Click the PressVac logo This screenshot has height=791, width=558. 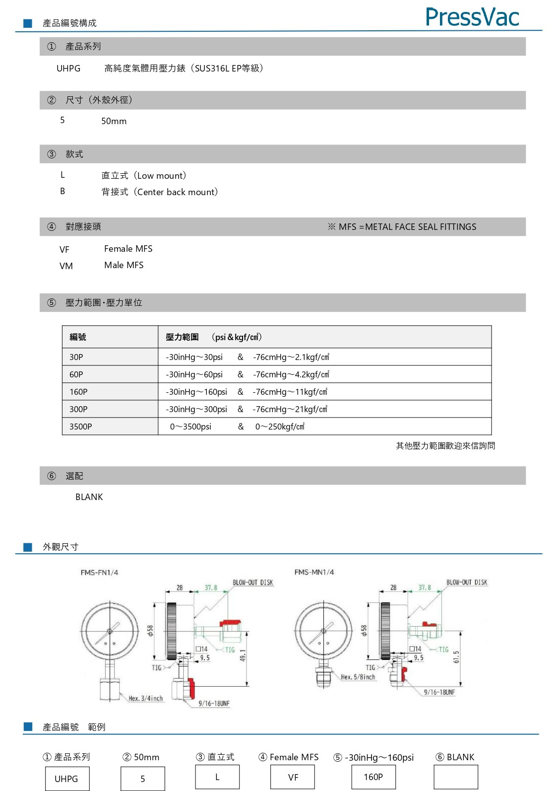click(x=472, y=17)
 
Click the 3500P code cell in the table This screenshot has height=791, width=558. click(x=81, y=427)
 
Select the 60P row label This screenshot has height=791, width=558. click(x=76, y=374)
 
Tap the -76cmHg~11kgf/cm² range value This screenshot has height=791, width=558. click(x=290, y=392)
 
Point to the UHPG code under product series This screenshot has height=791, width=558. click(x=68, y=69)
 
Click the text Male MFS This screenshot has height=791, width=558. click(x=124, y=265)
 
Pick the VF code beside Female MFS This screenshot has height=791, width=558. click(x=64, y=250)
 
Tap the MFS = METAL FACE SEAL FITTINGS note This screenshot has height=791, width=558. click(x=402, y=227)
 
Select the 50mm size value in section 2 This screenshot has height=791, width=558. click(x=114, y=121)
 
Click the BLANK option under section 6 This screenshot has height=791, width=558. click(x=89, y=497)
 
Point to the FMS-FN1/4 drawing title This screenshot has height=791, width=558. click(x=100, y=573)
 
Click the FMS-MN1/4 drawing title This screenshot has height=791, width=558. click(x=314, y=572)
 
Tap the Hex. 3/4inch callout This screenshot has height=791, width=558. click(x=146, y=698)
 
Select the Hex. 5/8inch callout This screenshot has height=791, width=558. click(x=358, y=677)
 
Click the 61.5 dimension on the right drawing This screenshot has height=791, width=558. click(x=456, y=657)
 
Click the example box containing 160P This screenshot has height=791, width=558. click(x=373, y=777)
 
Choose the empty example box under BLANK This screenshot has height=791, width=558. click(x=456, y=777)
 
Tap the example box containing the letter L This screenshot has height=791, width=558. click(x=217, y=777)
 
